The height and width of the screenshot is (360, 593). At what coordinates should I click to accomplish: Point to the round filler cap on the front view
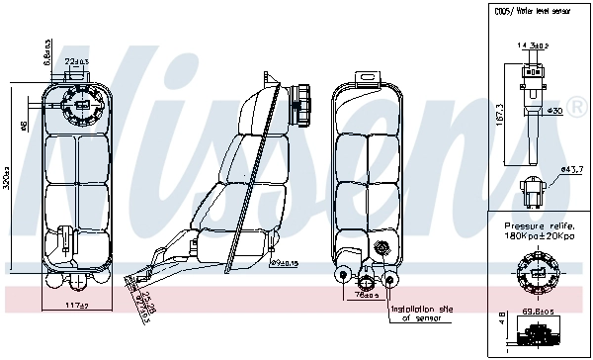coord(76,103)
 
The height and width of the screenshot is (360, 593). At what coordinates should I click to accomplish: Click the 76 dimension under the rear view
coord(365,294)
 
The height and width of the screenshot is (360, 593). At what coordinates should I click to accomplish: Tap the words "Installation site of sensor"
coord(421,314)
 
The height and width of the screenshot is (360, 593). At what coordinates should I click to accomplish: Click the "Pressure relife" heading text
coord(539,226)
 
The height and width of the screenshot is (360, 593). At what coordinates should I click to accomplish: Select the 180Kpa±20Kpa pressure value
coord(539,238)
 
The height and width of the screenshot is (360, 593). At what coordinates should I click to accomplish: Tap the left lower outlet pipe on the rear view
coord(344,276)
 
